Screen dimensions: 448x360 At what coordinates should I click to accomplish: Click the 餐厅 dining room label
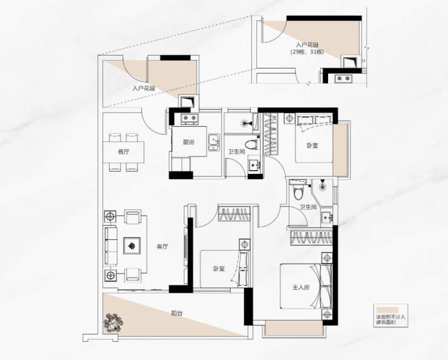point(124,152)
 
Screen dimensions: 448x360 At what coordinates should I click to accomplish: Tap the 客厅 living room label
point(162,247)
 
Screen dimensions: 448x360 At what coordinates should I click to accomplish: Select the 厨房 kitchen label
point(189,142)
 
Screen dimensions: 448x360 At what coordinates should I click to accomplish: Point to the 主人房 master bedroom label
point(301,287)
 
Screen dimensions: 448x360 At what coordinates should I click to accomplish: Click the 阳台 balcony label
point(177,313)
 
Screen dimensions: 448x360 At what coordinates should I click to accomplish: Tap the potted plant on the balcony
point(113,323)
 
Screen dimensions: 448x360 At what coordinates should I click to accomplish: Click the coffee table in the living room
point(131,245)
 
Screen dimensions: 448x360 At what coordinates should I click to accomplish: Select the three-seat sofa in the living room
point(111,245)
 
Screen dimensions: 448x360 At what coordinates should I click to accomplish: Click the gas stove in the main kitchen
point(189,118)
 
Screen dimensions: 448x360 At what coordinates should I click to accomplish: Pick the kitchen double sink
point(214,142)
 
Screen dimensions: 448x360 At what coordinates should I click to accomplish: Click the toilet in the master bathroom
point(297,192)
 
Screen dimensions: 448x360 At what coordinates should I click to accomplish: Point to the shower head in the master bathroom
point(323,187)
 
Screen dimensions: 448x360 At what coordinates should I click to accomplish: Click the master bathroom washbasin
point(326,218)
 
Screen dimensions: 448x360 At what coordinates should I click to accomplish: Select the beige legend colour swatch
point(387,310)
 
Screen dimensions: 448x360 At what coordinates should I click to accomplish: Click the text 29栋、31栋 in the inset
point(308,52)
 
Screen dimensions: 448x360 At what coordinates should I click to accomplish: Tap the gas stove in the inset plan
point(343,78)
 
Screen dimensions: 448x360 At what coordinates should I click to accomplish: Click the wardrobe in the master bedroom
point(311,238)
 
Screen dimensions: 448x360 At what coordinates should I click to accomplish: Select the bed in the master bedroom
point(306,286)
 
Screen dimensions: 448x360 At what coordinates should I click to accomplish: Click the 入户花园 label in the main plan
point(143,88)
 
